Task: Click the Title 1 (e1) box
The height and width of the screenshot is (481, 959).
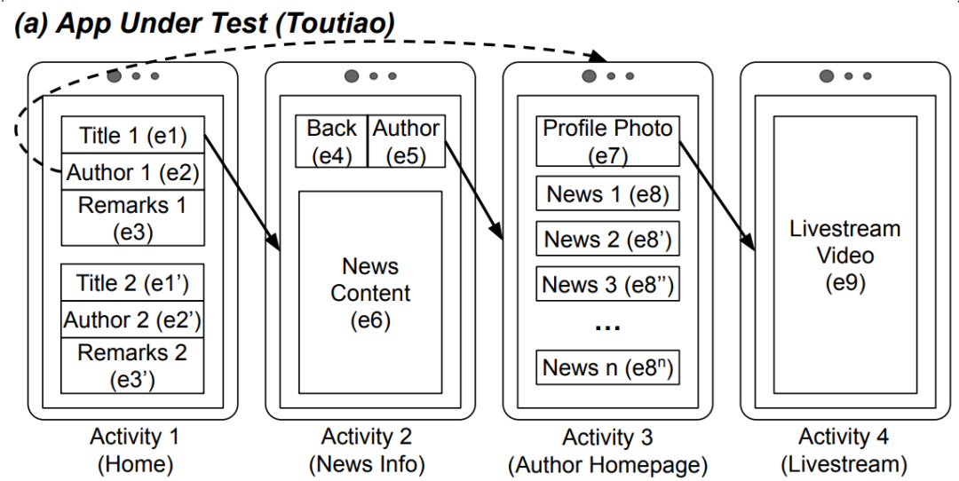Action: [x=133, y=135]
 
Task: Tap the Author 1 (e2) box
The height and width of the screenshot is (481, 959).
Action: [x=133, y=171]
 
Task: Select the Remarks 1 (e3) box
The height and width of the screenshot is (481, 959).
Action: [x=133, y=217]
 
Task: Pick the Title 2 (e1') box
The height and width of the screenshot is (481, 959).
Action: [x=133, y=283]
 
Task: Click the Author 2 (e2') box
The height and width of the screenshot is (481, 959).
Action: [x=133, y=319]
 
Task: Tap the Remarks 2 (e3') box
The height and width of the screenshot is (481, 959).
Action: [x=133, y=365]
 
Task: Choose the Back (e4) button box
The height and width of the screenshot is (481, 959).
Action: [x=331, y=141]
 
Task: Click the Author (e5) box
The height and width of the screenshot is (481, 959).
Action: [x=406, y=141]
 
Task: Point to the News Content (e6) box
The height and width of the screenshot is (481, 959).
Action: [x=370, y=292]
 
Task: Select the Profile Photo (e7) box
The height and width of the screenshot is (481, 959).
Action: [x=608, y=141]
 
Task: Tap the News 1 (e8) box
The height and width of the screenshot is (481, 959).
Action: [x=608, y=193]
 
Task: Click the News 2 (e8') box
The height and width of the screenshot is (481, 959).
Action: [x=608, y=239]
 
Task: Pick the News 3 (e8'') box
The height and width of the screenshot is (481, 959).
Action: [x=608, y=284]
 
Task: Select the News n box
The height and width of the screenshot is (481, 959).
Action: [x=608, y=367]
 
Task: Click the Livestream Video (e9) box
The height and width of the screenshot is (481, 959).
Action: [x=844, y=256]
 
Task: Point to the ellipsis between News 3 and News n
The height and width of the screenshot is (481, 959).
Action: [x=608, y=327]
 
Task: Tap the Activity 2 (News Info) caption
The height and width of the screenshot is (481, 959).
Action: [x=367, y=450]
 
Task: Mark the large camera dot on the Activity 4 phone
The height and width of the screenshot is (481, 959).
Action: [x=827, y=75]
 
